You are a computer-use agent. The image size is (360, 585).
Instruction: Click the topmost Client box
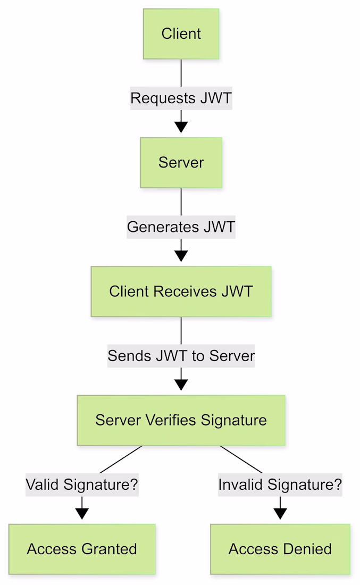click(181, 34)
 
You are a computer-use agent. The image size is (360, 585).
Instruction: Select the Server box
click(181, 163)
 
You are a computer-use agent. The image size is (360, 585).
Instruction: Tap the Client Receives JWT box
click(181, 291)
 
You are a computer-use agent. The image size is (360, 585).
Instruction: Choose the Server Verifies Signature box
click(181, 420)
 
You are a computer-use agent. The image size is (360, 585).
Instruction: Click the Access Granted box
click(82, 549)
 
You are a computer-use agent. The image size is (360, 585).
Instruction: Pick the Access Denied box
click(280, 549)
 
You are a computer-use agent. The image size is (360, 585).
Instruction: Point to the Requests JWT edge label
click(181, 98)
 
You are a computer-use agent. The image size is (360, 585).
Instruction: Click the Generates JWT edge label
click(181, 227)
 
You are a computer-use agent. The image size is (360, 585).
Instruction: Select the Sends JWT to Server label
click(181, 356)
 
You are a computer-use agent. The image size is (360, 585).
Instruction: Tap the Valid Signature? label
click(82, 484)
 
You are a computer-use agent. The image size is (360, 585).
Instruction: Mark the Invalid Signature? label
click(280, 484)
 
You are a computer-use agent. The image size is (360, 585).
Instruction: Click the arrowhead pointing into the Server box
click(181, 127)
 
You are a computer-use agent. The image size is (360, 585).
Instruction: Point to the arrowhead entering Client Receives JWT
click(181, 256)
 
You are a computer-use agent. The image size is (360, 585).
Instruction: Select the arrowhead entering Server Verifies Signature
click(181, 385)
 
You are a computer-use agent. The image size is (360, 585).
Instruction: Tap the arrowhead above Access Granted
click(82, 514)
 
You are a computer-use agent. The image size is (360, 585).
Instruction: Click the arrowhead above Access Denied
click(280, 514)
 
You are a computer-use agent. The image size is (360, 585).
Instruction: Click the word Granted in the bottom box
click(110, 549)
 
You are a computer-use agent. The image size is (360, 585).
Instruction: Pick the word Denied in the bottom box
click(307, 549)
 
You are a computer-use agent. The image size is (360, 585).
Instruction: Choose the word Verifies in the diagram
click(171, 420)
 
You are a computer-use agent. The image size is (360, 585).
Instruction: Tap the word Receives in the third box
click(185, 291)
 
